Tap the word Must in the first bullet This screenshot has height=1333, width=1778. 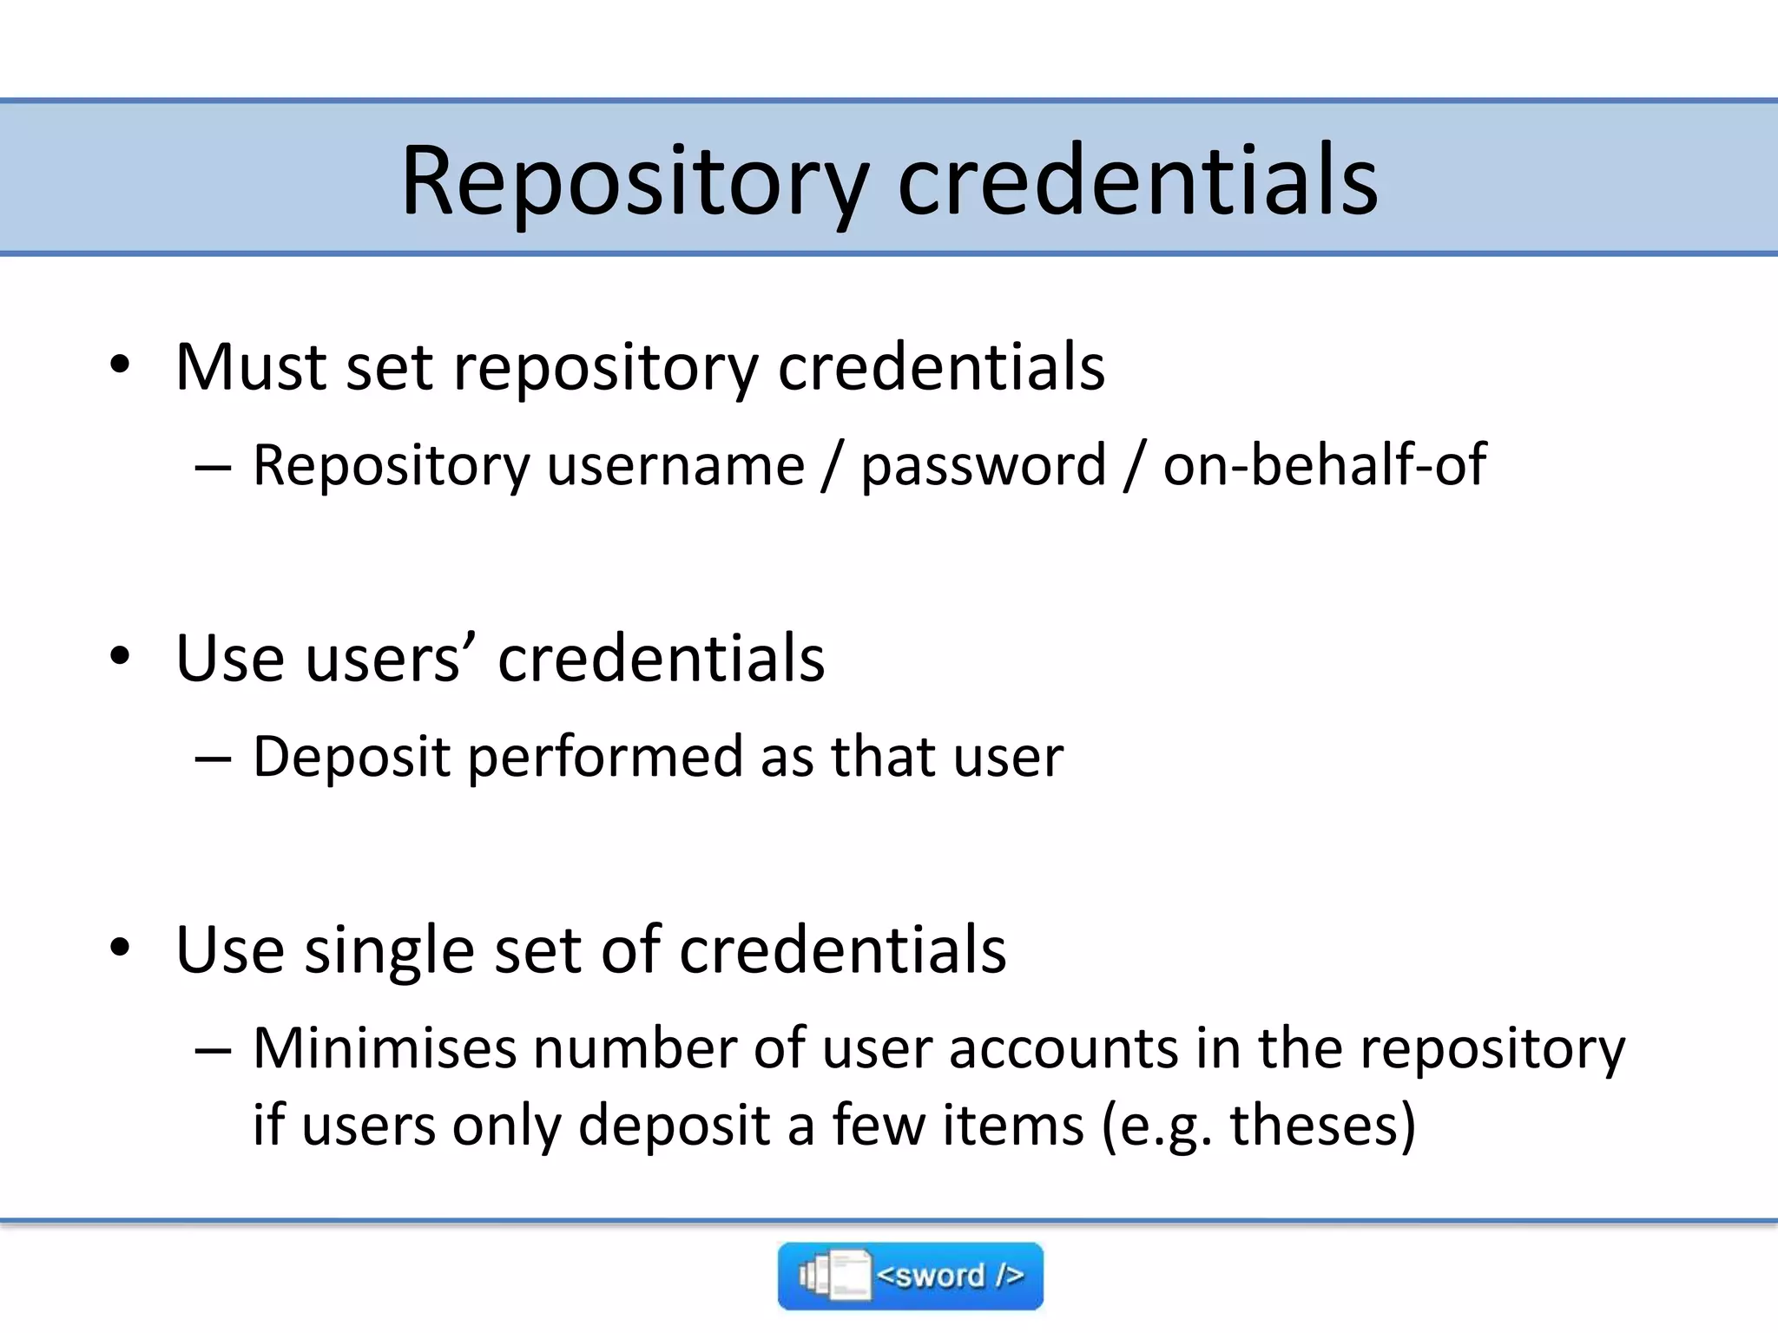click(x=250, y=367)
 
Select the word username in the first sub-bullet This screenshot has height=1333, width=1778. click(x=675, y=465)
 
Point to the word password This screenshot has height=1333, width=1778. click(x=984, y=467)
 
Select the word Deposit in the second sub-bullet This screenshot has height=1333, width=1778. click(x=351, y=757)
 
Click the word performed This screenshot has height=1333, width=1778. click(x=604, y=757)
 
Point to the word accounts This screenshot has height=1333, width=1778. click(x=1064, y=1047)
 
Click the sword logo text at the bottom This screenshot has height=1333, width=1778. click(x=950, y=1276)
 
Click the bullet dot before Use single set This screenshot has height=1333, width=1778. click(x=120, y=949)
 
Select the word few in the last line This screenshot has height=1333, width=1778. click(x=878, y=1125)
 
